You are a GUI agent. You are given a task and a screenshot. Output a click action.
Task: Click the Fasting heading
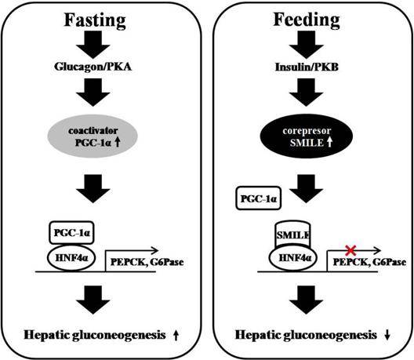click(x=95, y=21)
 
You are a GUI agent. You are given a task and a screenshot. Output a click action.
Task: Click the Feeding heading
click(x=307, y=20)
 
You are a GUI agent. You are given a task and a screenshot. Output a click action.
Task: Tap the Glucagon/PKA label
click(x=93, y=67)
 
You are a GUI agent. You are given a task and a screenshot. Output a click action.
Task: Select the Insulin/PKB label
click(x=307, y=67)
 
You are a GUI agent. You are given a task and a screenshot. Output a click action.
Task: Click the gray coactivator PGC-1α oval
click(x=93, y=136)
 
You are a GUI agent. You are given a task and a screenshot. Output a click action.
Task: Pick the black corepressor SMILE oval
click(x=307, y=136)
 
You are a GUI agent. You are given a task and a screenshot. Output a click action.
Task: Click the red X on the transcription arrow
click(x=351, y=250)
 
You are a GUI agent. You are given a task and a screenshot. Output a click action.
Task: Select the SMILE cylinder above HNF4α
click(x=292, y=235)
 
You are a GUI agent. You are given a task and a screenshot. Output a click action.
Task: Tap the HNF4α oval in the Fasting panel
click(x=71, y=257)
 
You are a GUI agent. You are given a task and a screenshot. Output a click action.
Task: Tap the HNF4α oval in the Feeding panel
click(x=293, y=258)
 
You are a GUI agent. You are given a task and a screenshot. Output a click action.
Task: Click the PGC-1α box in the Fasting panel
click(x=71, y=232)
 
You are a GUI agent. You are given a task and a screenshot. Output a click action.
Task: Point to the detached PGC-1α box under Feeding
click(x=259, y=198)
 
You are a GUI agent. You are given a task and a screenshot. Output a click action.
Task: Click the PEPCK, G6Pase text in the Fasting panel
click(x=147, y=262)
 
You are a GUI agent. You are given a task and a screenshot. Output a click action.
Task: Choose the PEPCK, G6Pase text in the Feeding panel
click(x=369, y=262)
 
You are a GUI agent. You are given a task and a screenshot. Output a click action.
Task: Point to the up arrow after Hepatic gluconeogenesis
click(x=176, y=336)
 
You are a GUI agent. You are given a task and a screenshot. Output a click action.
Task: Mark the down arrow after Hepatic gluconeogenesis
click(x=387, y=336)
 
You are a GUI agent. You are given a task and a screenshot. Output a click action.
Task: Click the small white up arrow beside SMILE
click(x=329, y=143)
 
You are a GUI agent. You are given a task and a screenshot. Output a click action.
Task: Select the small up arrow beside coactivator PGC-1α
click(x=118, y=143)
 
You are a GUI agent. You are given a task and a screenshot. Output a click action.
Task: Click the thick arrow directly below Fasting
click(x=93, y=45)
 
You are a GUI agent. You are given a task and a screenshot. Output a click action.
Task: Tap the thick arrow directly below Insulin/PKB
click(x=306, y=93)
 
